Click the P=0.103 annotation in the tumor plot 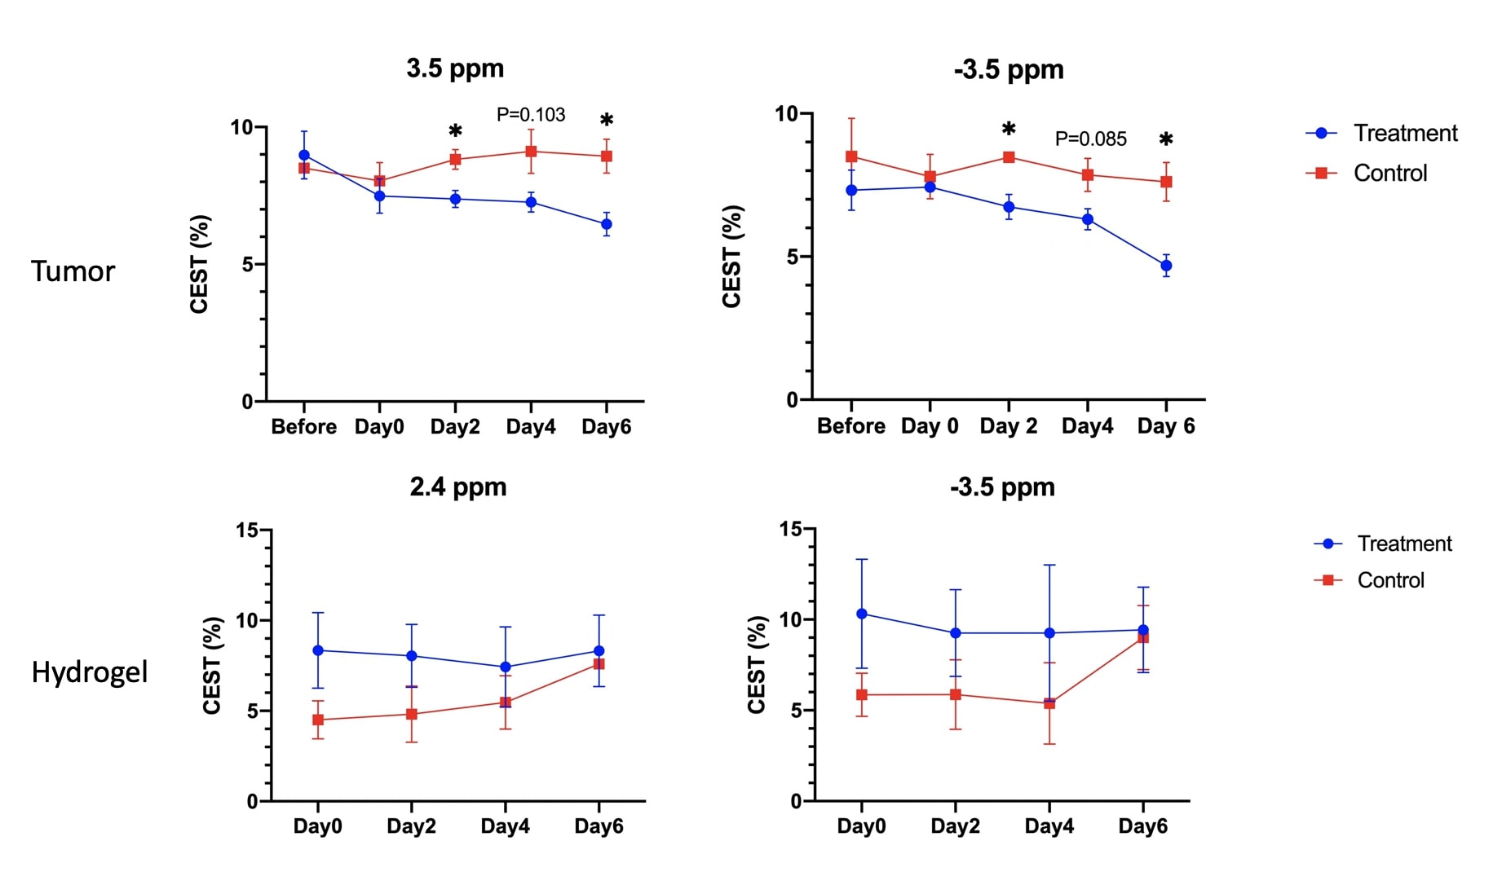[531, 115]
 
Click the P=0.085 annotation [1090, 139]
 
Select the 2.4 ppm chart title [457, 487]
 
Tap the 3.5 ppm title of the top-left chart [455, 68]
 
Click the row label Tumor [73, 271]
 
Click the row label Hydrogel [90, 672]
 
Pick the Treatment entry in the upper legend [1405, 134]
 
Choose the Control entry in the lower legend [1390, 580]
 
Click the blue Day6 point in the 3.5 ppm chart [607, 224]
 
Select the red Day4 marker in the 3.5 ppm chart [531, 152]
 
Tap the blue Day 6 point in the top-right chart [1166, 266]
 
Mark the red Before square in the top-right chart [851, 156]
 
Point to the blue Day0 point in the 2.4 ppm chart [318, 650]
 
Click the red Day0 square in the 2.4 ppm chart [318, 720]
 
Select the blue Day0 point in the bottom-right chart [862, 614]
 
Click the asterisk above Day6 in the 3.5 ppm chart [607, 121]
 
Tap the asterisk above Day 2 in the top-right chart [1009, 130]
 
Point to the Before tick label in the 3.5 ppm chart [303, 427]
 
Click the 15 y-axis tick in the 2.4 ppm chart [247, 531]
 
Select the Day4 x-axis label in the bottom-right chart [1049, 826]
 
